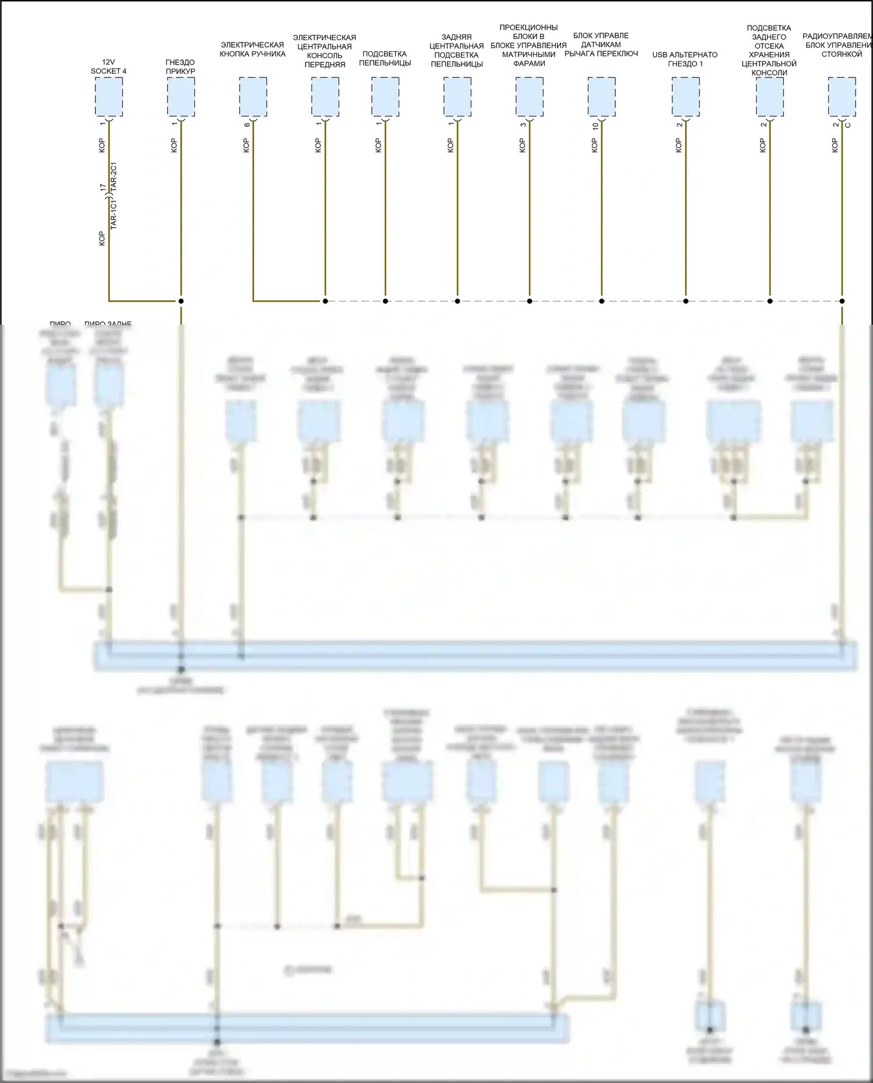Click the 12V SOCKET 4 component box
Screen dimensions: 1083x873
point(109,97)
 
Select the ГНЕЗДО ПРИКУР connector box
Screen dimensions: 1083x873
point(181,97)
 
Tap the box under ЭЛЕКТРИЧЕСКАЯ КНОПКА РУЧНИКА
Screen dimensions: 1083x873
point(253,97)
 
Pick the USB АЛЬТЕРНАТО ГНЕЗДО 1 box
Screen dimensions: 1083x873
point(686,97)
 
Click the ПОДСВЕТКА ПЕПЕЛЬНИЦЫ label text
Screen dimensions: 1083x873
point(385,58)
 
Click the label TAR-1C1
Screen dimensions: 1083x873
point(114,214)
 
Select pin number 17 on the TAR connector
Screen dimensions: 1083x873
point(103,187)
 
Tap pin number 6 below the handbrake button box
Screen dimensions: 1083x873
point(247,125)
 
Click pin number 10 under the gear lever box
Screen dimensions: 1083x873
point(595,126)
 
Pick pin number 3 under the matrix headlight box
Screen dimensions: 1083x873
point(523,125)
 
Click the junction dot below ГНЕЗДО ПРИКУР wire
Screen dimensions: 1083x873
point(181,301)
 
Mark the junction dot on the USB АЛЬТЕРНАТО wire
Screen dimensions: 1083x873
point(686,301)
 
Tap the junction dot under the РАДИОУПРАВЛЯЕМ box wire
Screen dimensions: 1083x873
point(842,301)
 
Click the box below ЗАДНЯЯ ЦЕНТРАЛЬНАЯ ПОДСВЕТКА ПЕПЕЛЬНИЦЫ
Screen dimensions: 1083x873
point(457,97)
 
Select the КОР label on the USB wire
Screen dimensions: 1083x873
point(679,145)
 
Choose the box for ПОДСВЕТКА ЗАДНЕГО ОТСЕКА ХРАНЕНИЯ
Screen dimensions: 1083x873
point(769,97)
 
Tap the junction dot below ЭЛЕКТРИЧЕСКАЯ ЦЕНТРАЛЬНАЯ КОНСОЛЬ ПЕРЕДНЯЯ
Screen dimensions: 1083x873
point(325,301)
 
